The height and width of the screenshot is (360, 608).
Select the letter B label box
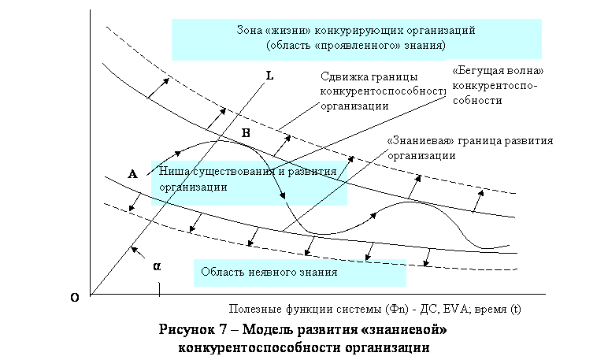coord(246,133)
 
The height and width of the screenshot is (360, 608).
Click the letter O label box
coord(75,298)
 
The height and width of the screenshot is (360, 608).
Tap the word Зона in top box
coord(250,30)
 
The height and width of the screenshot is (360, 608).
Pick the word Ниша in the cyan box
coord(172,171)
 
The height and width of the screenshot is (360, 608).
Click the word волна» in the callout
coord(524,71)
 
